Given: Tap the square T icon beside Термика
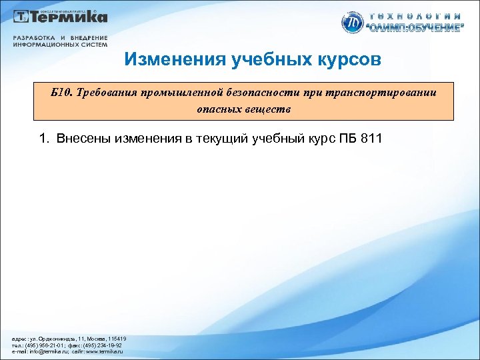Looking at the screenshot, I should tap(23, 17).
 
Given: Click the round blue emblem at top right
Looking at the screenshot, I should tap(351, 22).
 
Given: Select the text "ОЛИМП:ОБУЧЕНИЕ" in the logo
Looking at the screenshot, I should tap(414, 28).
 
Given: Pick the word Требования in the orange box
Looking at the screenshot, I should tap(107, 93).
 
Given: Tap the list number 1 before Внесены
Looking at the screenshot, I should tap(43, 139).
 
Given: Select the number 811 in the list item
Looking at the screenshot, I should tap(369, 139).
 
